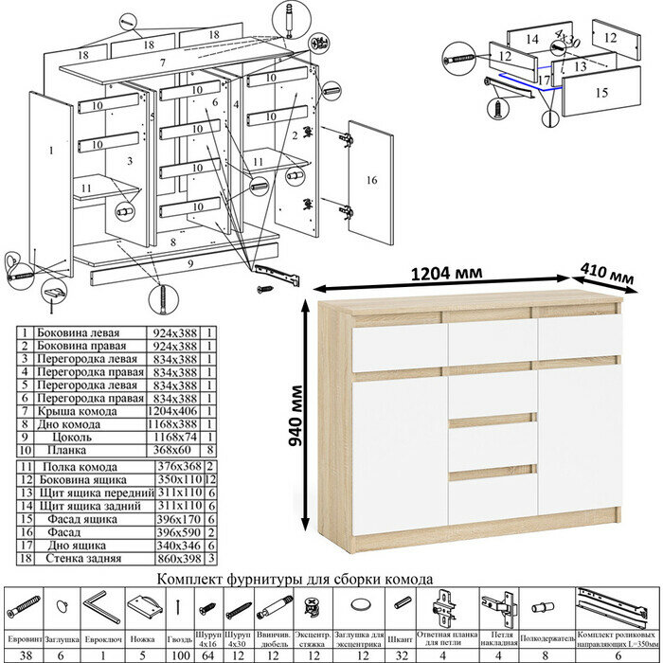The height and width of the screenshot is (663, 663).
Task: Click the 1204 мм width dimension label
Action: [444, 273]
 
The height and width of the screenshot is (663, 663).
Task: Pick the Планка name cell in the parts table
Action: [66, 453]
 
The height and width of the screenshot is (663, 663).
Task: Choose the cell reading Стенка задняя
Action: [81, 559]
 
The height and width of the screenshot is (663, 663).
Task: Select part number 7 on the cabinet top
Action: [163, 62]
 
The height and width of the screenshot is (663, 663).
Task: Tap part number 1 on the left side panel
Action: [50, 150]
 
